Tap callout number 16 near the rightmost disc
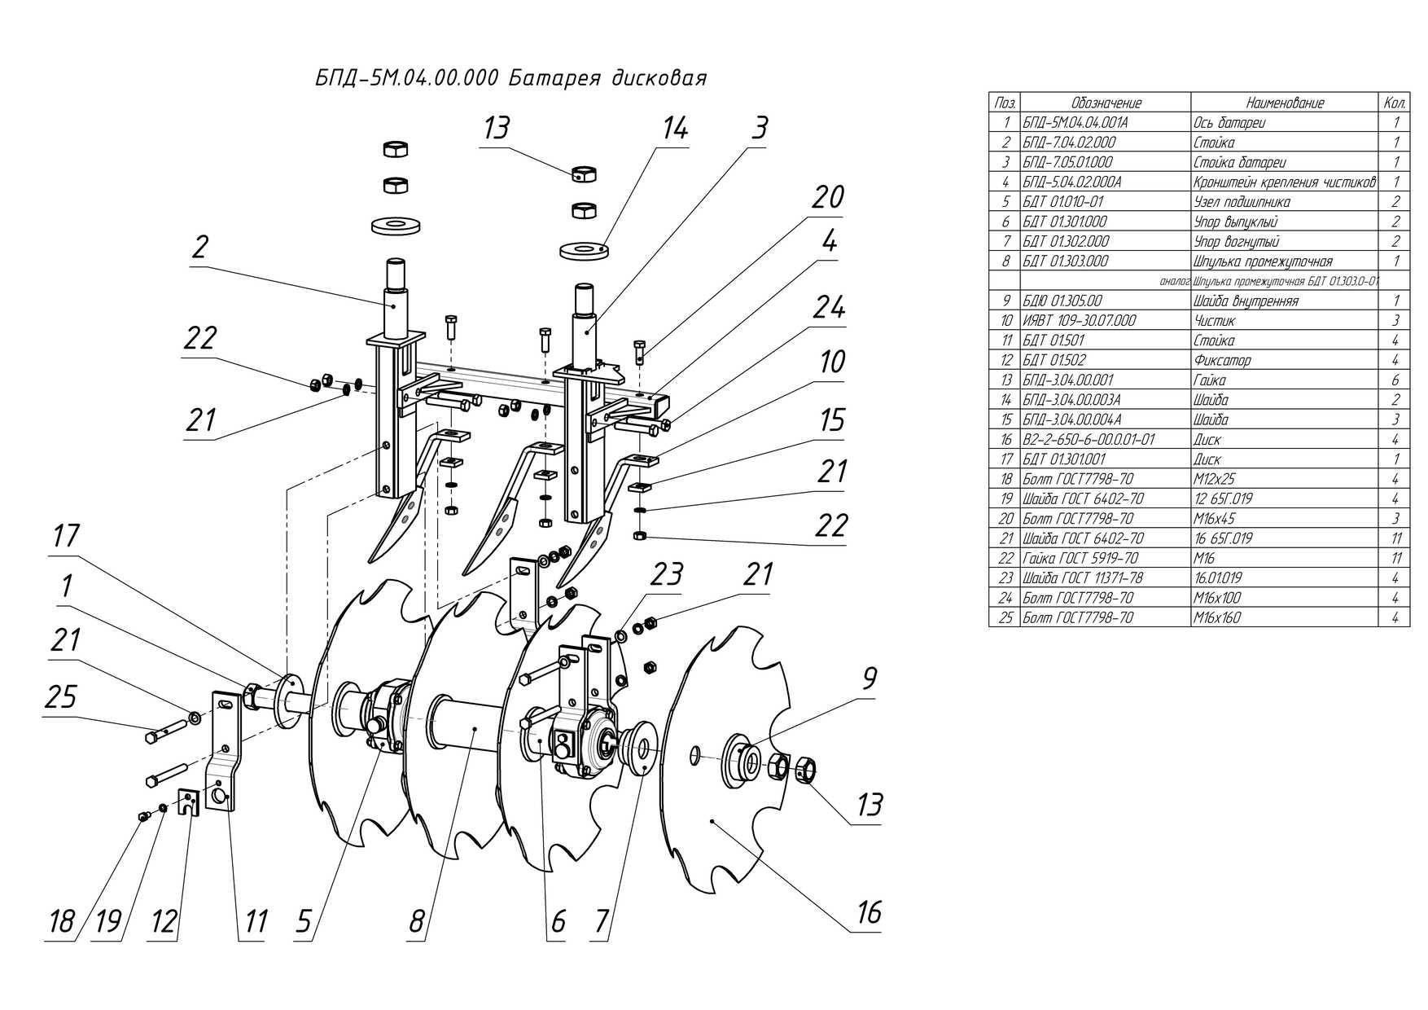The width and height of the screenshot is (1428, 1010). (869, 911)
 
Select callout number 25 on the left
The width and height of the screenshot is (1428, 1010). (61, 697)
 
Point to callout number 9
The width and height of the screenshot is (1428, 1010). (869, 678)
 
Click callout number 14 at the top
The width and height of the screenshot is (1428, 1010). (675, 129)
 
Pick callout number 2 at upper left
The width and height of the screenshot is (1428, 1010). (200, 246)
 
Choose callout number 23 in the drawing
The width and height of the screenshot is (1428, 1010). (665, 574)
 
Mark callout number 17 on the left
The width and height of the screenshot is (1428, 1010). (66, 536)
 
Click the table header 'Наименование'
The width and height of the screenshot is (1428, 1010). (1284, 103)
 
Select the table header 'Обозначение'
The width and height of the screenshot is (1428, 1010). (1106, 103)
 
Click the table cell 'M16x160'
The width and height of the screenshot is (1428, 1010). (1217, 617)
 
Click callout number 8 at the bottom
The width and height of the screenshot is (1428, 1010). (416, 921)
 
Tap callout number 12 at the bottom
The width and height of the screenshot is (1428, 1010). (164, 921)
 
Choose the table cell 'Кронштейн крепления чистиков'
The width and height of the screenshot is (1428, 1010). (1284, 182)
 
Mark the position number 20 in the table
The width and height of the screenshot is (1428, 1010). (1005, 519)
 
